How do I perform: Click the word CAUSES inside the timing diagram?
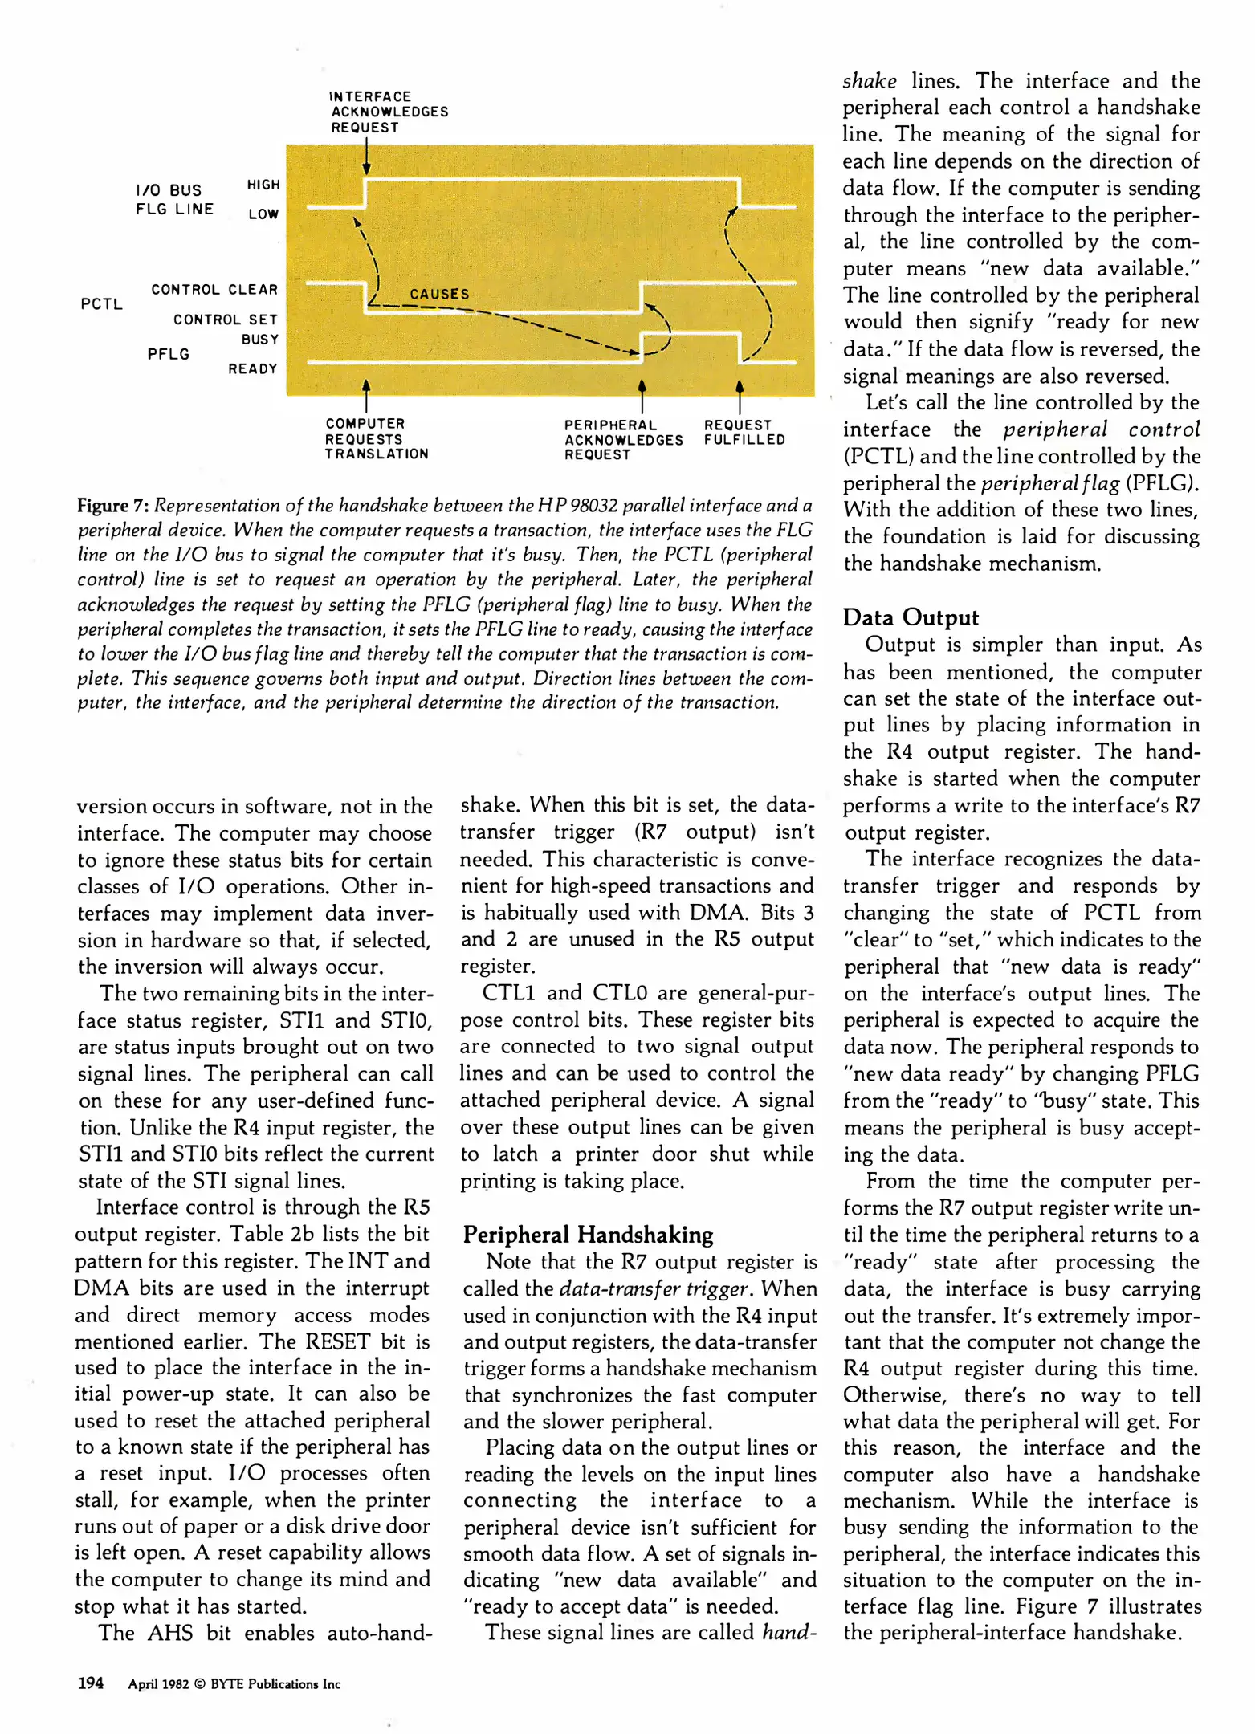click(x=439, y=295)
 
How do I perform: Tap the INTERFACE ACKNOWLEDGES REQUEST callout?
click(x=389, y=112)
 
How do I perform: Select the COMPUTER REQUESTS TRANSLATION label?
click(x=376, y=438)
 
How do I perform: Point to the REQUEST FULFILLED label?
click(x=744, y=432)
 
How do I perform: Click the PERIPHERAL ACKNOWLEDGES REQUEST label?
click(x=623, y=439)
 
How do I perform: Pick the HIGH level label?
click(x=263, y=185)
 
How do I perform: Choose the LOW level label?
click(x=263, y=214)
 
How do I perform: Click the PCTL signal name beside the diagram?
click(x=101, y=304)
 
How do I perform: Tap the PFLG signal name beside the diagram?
click(x=169, y=354)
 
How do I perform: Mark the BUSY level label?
click(x=260, y=340)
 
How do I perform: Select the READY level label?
click(x=253, y=369)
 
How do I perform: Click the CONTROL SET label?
click(x=226, y=320)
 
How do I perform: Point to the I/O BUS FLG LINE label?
click(x=174, y=200)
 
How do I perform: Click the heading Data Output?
click(x=911, y=617)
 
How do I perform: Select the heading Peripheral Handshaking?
click(x=588, y=1235)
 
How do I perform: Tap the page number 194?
click(x=90, y=1683)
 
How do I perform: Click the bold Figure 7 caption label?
click(x=112, y=506)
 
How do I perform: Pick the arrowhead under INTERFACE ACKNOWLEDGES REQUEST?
click(x=366, y=168)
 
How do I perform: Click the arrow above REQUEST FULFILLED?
click(x=740, y=393)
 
